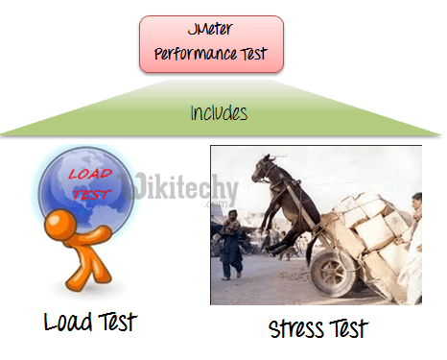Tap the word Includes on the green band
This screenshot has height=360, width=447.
[219, 113]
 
